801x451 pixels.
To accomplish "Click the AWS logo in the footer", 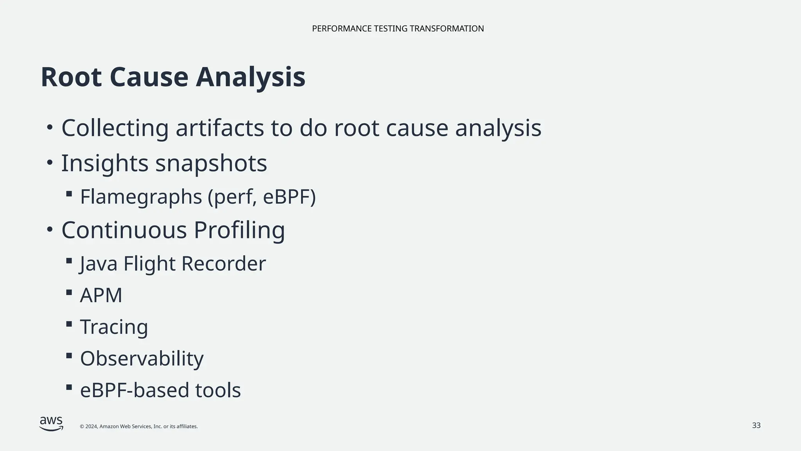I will [x=51, y=424].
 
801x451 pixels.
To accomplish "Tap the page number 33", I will [x=756, y=426].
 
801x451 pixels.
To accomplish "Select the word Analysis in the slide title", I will [x=250, y=77].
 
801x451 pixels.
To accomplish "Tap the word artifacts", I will [x=219, y=128].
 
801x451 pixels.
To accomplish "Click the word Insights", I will [x=104, y=163].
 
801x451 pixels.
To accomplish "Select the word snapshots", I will [x=211, y=163].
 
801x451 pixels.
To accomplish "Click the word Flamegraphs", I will [x=141, y=197].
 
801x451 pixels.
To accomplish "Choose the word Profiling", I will [x=239, y=230].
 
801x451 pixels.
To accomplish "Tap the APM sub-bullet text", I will [x=101, y=295].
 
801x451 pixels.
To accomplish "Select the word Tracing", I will [x=114, y=327].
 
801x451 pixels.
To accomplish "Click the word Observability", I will [x=142, y=359].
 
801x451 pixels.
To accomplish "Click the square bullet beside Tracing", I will [x=69, y=324].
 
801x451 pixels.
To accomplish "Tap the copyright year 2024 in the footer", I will [x=92, y=427].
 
